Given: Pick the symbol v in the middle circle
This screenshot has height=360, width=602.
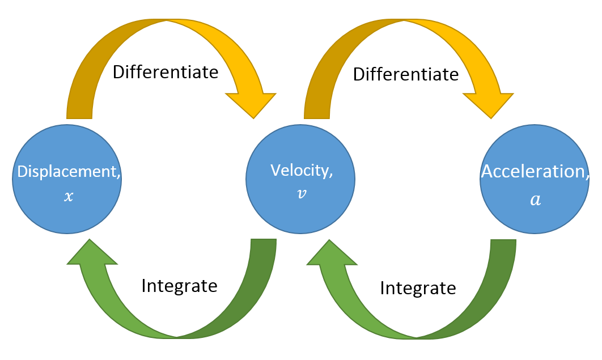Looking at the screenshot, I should point(301,193).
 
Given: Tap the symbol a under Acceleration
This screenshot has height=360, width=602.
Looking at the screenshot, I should point(535,200).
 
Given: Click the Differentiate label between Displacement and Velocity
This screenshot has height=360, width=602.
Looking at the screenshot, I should point(166,72).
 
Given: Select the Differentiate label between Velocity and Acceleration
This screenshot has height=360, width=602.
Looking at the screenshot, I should point(406,74).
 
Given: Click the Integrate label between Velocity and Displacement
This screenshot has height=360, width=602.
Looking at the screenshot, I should point(179,285).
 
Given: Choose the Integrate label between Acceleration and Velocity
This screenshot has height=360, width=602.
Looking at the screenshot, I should point(418,288).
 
